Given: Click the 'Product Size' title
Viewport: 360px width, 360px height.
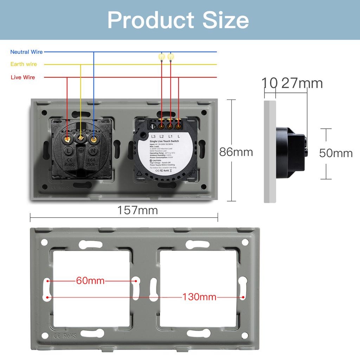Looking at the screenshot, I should coord(178,20).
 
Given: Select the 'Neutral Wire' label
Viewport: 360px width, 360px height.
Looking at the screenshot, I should coord(26,52).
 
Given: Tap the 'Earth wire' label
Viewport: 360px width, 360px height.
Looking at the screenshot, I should coord(24,64).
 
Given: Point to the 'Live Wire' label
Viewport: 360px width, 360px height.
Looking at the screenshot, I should coord(23,77).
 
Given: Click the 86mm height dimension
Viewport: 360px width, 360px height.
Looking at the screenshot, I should coord(236,152).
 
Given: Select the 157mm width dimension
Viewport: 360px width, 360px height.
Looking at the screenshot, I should coord(137,210).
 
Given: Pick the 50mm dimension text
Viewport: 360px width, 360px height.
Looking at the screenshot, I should coord(336,153).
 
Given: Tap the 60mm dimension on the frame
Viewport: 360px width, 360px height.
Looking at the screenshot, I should coord(90,281).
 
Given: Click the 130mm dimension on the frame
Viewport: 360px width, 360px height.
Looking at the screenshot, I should coord(199,297).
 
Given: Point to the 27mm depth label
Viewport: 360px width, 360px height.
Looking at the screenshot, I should coord(302,83).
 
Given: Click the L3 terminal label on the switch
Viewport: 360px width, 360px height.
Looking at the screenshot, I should coord(153,136).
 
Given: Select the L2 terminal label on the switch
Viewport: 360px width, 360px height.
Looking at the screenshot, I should coord(162,136).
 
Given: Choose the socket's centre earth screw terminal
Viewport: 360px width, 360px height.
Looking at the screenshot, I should coord(81,138).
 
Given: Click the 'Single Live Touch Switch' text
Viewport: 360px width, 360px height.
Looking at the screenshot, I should coord(164,141).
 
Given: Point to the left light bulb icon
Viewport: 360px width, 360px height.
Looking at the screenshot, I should coord(161,56).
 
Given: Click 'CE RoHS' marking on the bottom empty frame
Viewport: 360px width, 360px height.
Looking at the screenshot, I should coord(64,336).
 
